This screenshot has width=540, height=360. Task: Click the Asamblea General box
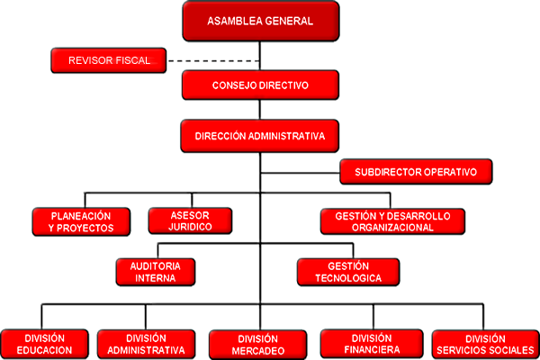click(261, 21)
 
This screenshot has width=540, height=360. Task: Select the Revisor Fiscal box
click(109, 60)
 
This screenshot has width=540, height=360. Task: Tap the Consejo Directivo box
click(260, 85)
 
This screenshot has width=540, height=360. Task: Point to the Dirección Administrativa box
click(260, 136)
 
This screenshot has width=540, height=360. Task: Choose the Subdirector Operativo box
click(416, 172)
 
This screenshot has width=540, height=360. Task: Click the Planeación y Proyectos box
click(81, 222)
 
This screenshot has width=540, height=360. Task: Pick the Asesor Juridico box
click(190, 220)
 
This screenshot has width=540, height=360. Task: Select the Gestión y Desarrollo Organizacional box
click(392, 221)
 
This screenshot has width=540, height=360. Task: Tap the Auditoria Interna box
click(156, 272)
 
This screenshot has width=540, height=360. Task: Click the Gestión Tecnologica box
click(348, 272)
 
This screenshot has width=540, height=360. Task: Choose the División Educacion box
click(44, 344)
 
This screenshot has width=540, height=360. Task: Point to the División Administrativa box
click(146, 344)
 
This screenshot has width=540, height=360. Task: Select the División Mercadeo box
click(258, 345)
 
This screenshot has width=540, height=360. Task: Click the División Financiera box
click(372, 344)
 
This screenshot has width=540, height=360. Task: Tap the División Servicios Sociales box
click(486, 345)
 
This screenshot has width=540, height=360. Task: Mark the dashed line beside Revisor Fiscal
click(213, 61)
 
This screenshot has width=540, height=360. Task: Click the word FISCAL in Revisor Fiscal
click(133, 60)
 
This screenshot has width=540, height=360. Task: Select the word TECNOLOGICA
click(348, 278)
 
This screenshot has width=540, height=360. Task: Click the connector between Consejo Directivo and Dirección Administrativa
click(260, 110)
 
